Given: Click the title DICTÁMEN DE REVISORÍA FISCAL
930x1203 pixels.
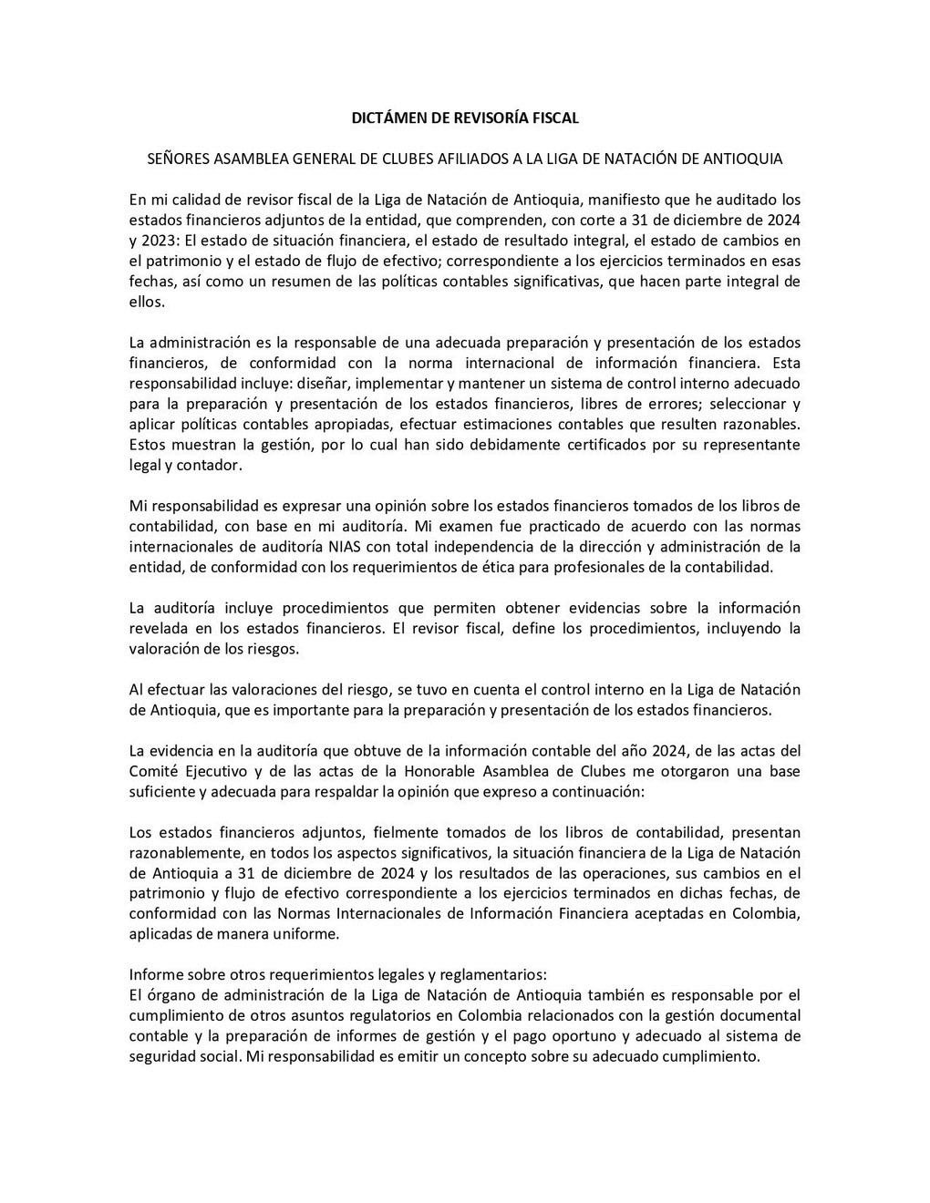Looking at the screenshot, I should click(465, 118).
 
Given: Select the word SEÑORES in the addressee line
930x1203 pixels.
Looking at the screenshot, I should click(178, 159).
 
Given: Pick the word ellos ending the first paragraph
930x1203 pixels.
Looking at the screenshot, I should click(146, 301).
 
